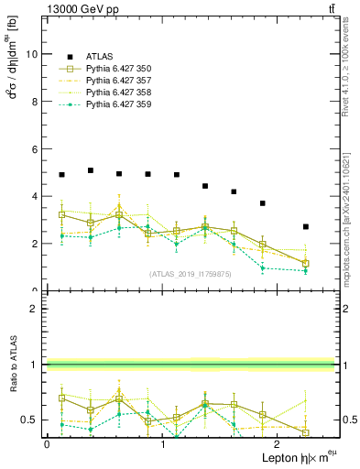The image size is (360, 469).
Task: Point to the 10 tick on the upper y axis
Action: pyautogui.click(x=33, y=54)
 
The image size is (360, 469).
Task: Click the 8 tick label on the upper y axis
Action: pyautogui.click(x=36, y=102)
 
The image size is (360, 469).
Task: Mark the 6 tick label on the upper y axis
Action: pyautogui.click(x=36, y=149)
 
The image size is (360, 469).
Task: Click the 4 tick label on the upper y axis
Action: pyautogui.click(x=36, y=197)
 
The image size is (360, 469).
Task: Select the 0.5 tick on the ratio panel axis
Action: pyautogui.click(x=32, y=420)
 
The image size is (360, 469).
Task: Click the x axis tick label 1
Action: pyautogui.click(x=164, y=443)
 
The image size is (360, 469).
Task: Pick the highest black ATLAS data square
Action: pyautogui.click(x=91, y=170)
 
